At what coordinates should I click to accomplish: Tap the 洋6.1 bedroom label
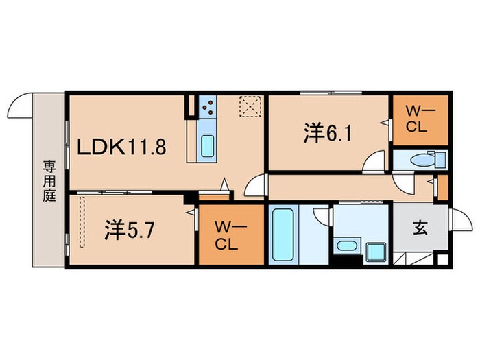(x=327, y=133)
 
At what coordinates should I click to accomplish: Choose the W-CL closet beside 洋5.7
(x=230, y=235)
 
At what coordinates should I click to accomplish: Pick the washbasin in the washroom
(x=347, y=245)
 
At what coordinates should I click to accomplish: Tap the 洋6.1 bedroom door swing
(x=374, y=163)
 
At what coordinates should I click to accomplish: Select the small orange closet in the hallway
(x=442, y=187)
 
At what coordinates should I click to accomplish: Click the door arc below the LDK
(x=254, y=187)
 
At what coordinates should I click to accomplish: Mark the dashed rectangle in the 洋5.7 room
(x=83, y=221)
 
